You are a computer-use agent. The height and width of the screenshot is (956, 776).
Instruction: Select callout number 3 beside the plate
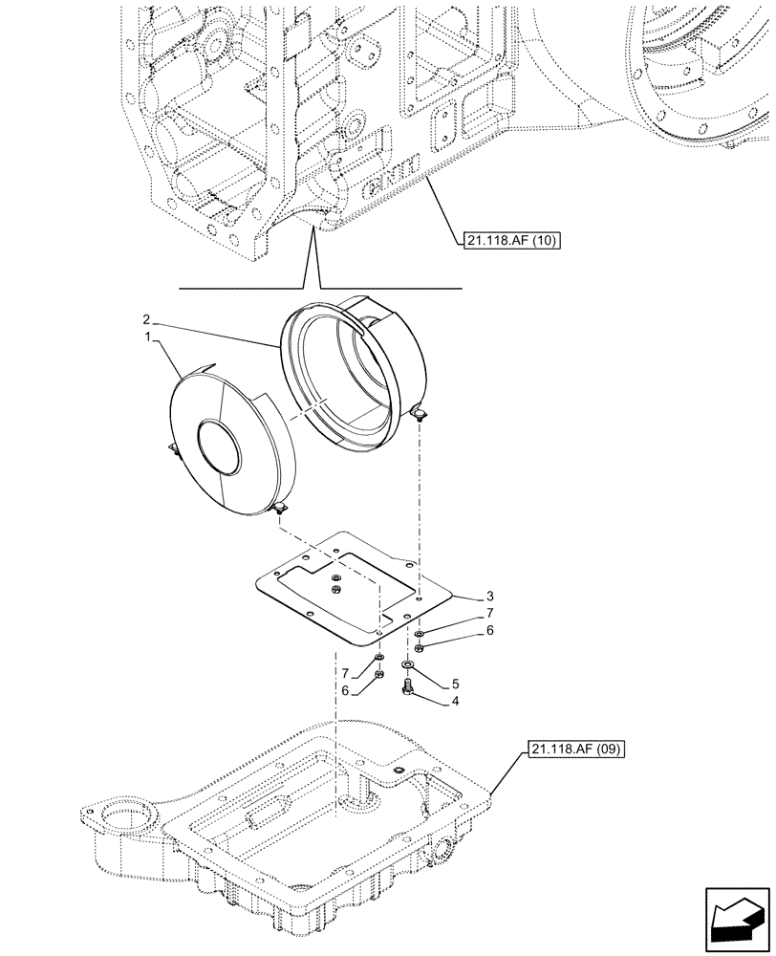tap(463, 596)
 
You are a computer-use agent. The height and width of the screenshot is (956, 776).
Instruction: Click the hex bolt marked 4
tap(409, 687)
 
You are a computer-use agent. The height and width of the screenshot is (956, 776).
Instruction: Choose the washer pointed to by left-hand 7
tap(379, 659)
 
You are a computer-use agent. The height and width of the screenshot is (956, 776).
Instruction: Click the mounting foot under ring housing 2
tap(420, 413)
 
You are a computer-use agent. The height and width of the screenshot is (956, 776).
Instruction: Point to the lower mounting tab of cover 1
tap(280, 511)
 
